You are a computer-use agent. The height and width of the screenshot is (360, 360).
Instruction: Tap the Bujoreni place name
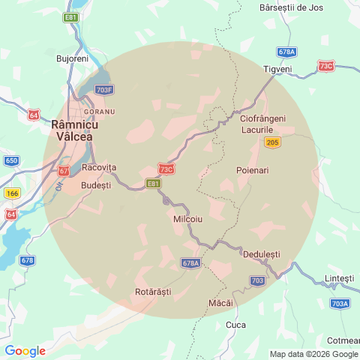tap(73, 58)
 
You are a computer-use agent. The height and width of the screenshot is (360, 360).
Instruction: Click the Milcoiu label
tap(188, 218)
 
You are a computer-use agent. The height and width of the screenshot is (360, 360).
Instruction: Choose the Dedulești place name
tap(261, 254)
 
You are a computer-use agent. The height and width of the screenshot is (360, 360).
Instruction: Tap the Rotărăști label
tap(153, 291)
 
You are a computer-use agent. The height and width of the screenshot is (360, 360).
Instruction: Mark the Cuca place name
tap(235, 325)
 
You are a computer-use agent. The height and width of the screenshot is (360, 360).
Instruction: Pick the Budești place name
tap(95, 184)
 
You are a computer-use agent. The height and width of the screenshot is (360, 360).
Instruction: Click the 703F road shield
tap(105, 90)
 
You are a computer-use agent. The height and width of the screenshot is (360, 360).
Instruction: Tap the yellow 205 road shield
tap(272, 142)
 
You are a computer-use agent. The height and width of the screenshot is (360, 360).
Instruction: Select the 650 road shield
tap(11, 160)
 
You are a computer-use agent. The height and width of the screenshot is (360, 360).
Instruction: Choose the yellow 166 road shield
tap(11, 193)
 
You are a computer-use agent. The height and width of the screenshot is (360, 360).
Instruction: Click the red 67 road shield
tap(64, 171)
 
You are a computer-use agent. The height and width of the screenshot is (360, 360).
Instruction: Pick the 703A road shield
tap(340, 304)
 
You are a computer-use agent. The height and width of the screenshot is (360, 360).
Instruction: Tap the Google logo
tap(25, 350)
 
